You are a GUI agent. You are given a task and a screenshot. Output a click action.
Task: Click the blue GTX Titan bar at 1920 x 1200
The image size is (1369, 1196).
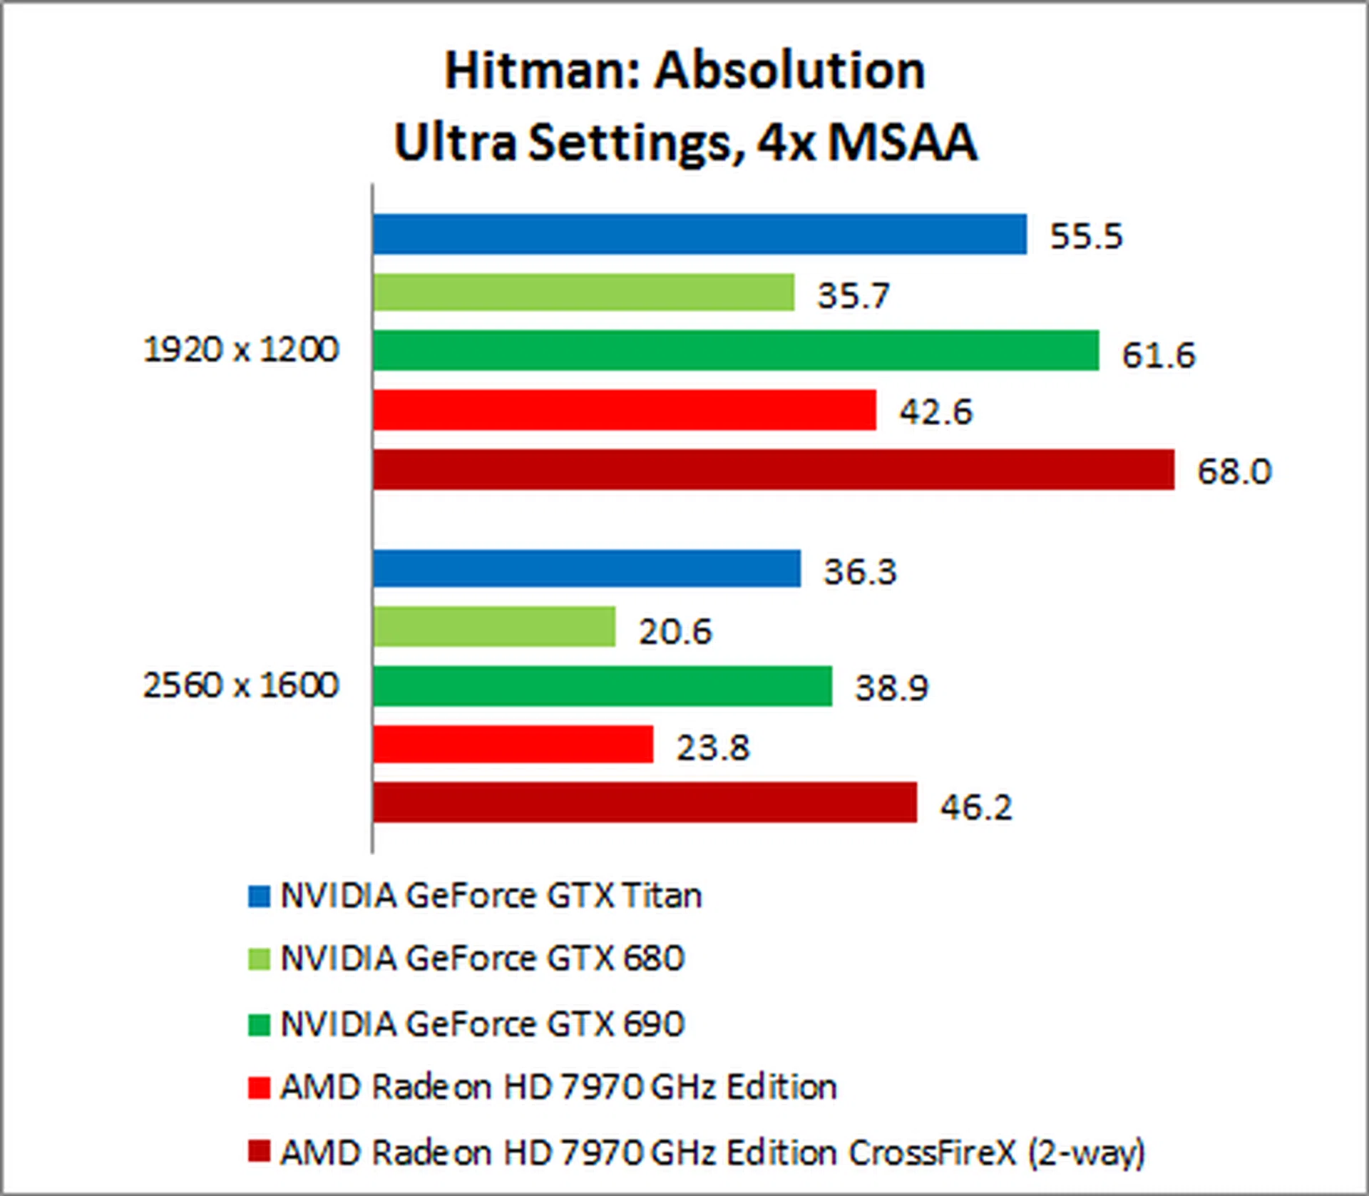699,234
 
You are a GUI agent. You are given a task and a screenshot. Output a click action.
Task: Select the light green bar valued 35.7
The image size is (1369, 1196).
583,292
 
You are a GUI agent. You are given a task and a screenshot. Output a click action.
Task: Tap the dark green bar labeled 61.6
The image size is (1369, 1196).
735,350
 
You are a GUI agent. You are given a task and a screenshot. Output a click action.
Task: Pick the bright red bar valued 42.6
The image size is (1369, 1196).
624,409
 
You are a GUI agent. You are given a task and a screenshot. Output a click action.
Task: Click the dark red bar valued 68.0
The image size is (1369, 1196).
773,469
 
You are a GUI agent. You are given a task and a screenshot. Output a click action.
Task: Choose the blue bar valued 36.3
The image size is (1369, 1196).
586,568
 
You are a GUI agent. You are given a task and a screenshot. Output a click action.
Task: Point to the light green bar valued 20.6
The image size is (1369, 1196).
493,627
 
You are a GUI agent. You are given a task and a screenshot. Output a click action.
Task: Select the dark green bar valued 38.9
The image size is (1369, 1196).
602,686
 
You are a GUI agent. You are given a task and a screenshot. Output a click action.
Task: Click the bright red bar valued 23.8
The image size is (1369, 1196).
513,745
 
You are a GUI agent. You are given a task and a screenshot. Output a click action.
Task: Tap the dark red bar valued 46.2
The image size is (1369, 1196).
645,802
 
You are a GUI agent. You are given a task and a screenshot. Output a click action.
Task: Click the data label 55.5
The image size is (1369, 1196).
1086,236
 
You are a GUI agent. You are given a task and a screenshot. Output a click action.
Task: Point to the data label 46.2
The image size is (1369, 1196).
975,807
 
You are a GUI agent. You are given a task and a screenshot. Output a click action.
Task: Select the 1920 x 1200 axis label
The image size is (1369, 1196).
241,350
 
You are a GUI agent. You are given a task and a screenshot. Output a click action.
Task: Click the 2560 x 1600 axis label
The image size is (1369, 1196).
241,685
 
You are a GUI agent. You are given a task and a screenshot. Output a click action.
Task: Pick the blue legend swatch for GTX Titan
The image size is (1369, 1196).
259,896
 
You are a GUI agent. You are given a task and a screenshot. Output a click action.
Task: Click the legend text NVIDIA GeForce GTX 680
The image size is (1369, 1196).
482,959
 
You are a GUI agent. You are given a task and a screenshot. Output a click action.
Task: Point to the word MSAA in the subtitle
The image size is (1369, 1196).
902,143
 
